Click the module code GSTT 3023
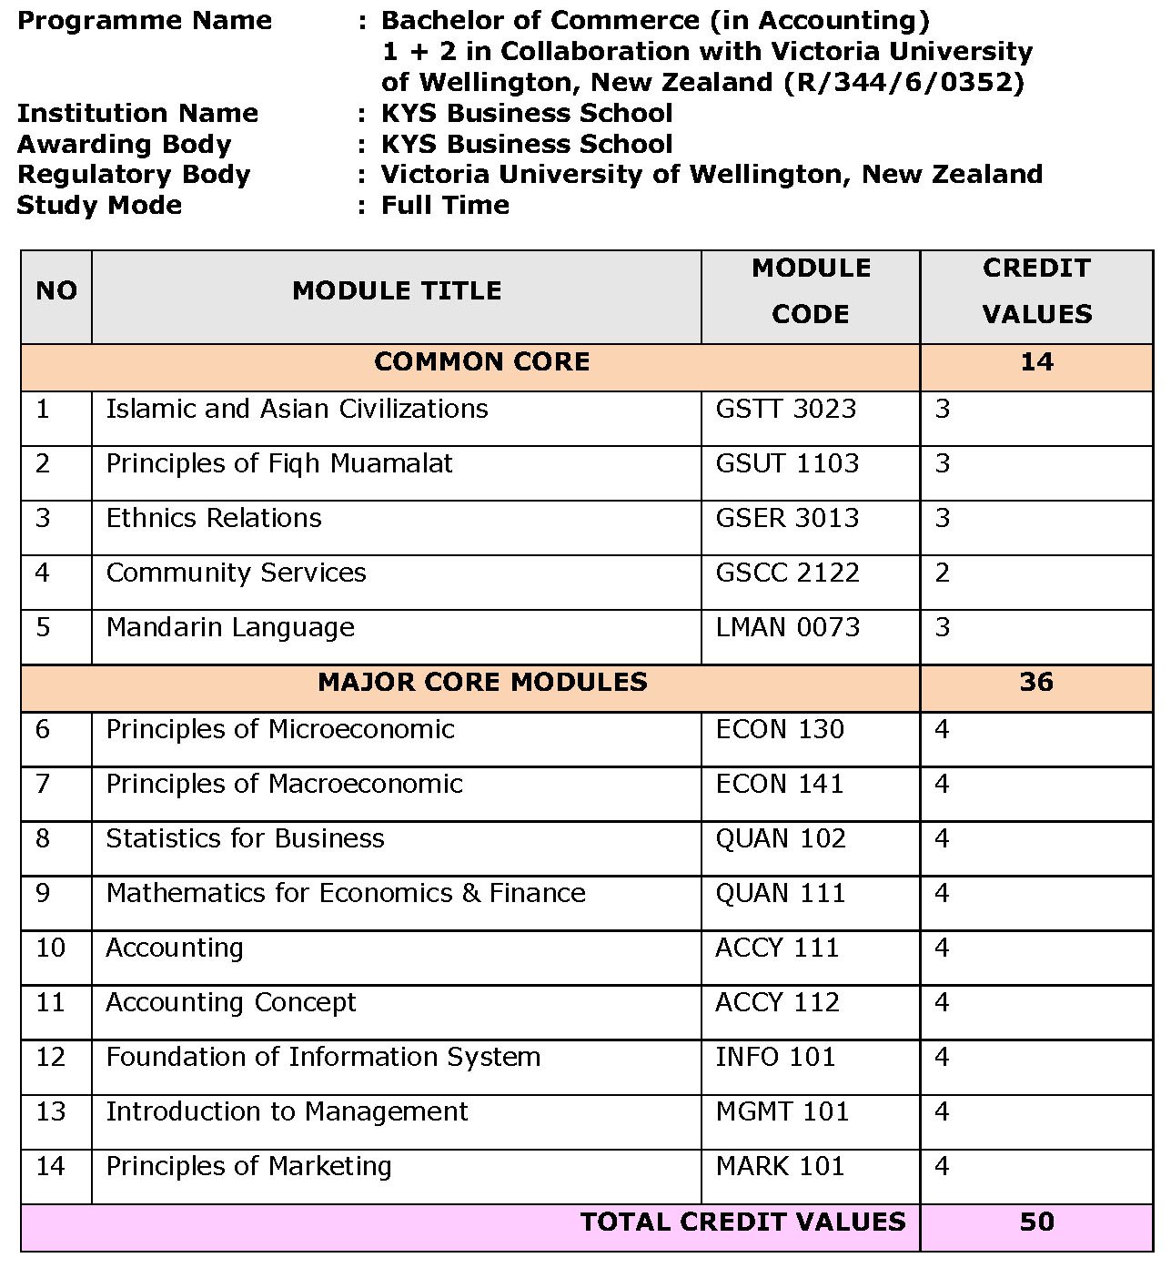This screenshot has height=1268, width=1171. click(x=785, y=409)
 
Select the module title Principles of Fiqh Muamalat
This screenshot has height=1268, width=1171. click(x=278, y=463)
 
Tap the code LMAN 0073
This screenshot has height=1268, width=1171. click(x=787, y=627)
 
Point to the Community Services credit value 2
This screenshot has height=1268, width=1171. click(x=942, y=573)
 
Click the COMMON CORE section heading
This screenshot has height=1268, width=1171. click(x=481, y=362)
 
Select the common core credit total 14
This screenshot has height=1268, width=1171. click(x=1036, y=362)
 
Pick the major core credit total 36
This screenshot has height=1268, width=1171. click(x=1036, y=682)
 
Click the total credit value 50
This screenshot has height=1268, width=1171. click(x=1036, y=1222)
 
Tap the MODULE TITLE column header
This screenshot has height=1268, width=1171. click(x=397, y=291)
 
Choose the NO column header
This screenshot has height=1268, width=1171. click(x=56, y=291)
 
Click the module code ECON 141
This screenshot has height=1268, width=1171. click(x=780, y=784)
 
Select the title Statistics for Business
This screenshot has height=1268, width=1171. click(x=245, y=838)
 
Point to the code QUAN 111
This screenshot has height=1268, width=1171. click(x=781, y=893)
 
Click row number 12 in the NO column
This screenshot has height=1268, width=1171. click(x=51, y=1057)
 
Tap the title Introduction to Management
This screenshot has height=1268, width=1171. click(x=287, y=1111)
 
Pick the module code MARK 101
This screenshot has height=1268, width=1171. click(x=780, y=1166)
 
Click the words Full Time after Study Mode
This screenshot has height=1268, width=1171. click(x=445, y=205)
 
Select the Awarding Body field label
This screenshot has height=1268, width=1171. click(x=124, y=144)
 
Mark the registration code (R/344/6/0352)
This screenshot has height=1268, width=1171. click(x=903, y=82)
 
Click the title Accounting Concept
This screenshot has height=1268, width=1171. click(x=231, y=1002)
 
